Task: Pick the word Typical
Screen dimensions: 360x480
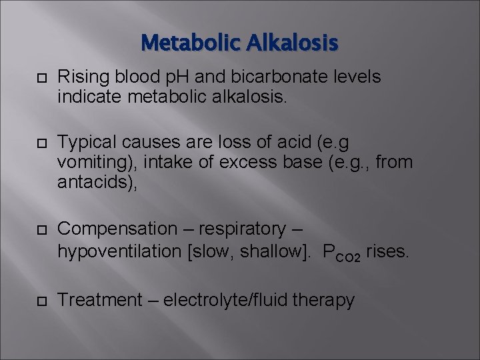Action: [83, 143]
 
